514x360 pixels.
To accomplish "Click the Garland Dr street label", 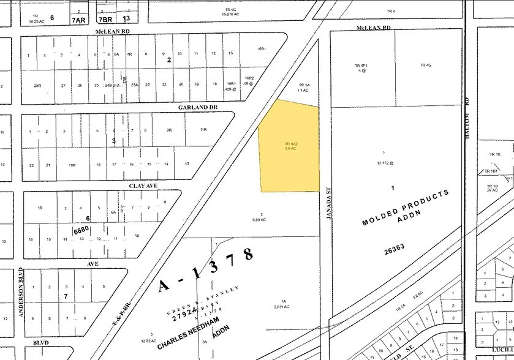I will [x=197, y=107].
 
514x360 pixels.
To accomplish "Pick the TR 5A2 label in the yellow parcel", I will [x=290, y=143].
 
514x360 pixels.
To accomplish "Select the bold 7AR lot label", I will [x=78, y=20].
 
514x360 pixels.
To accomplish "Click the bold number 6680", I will [x=82, y=230].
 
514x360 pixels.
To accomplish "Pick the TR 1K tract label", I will [x=495, y=154].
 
